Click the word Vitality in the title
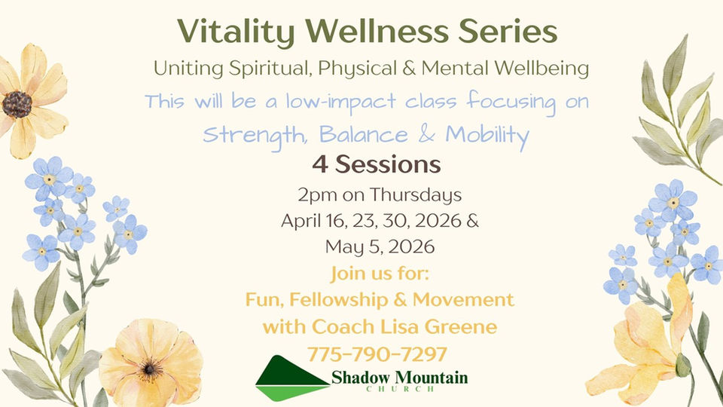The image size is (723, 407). [x=236, y=32]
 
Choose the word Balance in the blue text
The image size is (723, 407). [x=363, y=135]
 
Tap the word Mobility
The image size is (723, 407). [x=487, y=136]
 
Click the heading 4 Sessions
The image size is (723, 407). [x=377, y=164]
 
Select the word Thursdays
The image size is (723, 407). [x=416, y=195]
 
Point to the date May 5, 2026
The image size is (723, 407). [x=380, y=247]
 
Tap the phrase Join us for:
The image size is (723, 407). [x=380, y=273]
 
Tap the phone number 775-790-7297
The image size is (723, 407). [x=377, y=354]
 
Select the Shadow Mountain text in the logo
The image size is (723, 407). [x=399, y=378]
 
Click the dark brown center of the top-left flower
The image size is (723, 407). [x=17, y=104]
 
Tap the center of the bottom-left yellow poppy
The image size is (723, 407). [x=149, y=369]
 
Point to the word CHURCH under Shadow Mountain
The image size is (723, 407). [x=400, y=389]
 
